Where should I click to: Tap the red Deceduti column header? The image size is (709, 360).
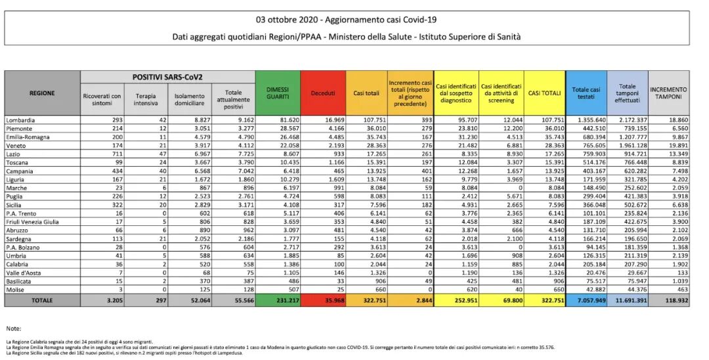[x=322, y=93]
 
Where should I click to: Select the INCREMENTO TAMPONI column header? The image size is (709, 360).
[x=668, y=93]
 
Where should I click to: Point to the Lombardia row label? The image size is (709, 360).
[x=21, y=121]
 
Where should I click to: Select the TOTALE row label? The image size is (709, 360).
[x=42, y=300]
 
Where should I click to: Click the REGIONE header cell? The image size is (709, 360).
[x=42, y=93]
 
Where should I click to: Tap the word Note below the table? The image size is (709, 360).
[x=13, y=327]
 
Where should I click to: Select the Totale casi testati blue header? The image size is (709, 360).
[x=586, y=93]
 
